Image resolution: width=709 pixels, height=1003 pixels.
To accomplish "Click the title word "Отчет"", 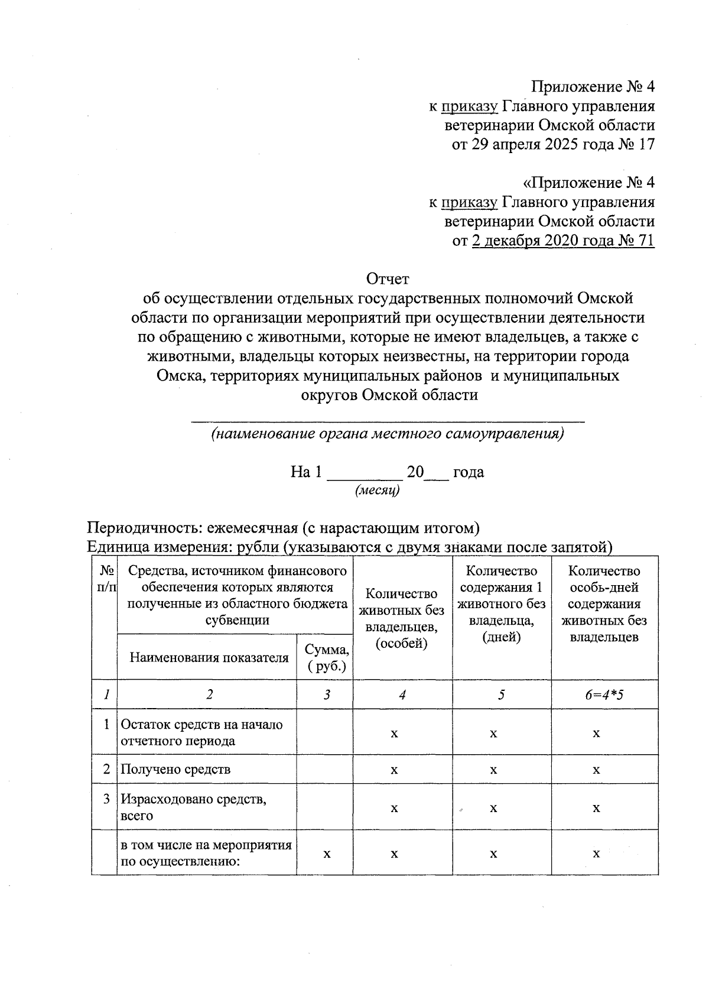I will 388,278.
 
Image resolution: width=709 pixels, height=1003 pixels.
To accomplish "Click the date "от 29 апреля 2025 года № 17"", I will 553,144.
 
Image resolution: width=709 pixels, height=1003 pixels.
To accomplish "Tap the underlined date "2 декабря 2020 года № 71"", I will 563,241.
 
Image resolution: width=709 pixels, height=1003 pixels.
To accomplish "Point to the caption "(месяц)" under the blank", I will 377,491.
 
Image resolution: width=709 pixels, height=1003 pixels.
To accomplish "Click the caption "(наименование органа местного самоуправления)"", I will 388,434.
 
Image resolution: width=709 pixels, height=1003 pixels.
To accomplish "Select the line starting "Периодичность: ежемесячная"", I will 283,527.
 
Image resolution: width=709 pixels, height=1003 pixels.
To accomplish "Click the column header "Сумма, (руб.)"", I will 327,657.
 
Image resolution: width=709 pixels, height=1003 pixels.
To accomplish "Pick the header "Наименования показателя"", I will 209,658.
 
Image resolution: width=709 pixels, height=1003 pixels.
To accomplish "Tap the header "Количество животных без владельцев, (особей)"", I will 402,618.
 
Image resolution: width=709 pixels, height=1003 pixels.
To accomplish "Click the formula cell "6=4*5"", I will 604,694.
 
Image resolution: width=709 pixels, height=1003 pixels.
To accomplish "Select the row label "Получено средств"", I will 175,770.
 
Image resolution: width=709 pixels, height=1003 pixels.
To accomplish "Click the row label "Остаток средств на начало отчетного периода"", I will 201,732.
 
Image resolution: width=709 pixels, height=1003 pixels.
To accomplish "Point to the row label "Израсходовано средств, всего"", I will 194,807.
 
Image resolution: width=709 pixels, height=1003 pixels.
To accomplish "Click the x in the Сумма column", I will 327,853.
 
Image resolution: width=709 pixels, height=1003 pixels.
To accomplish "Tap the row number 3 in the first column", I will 106,799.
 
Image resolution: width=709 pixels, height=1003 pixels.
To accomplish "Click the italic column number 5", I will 501,694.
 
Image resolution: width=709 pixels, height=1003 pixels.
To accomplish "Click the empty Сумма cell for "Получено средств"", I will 324,770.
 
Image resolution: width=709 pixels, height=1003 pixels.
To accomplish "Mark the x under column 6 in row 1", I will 596,733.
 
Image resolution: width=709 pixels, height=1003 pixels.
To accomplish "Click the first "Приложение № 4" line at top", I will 593,87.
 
